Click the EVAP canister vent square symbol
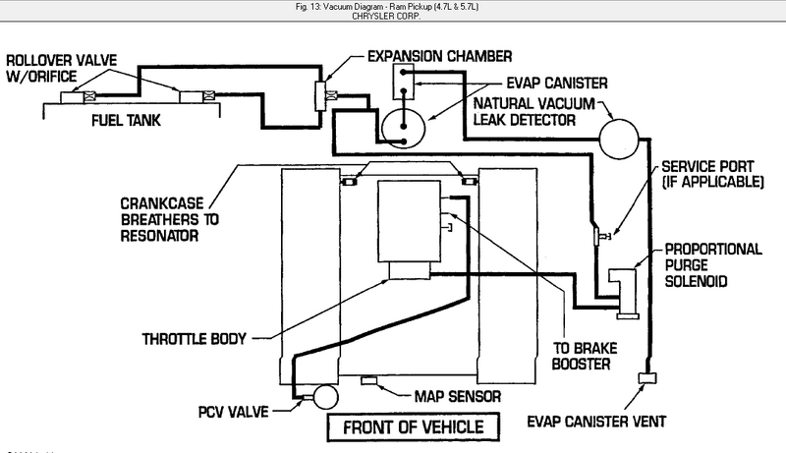[647, 378]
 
